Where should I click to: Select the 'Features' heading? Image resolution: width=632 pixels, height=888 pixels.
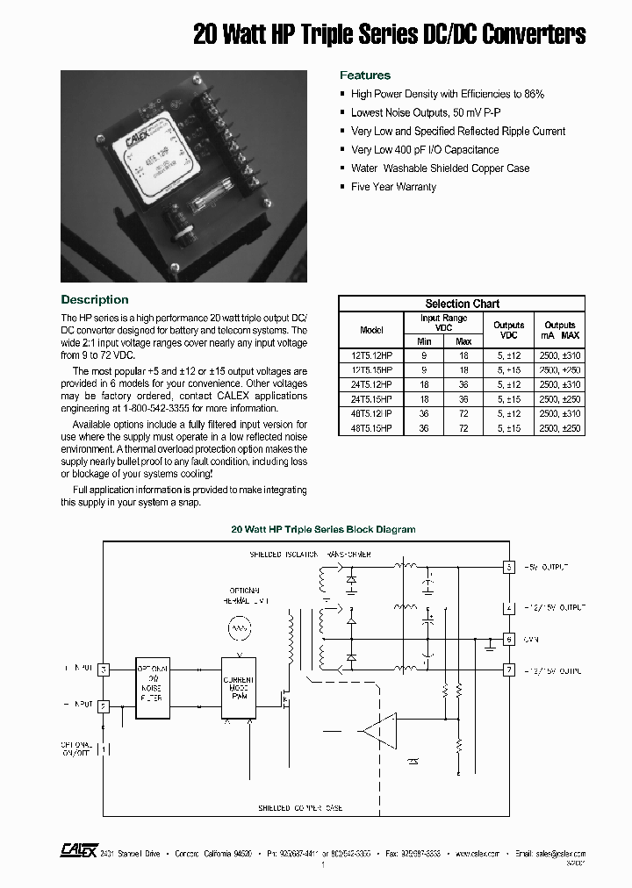pyautogui.click(x=365, y=75)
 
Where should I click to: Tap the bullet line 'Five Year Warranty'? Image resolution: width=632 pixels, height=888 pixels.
pyautogui.click(x=393, y=187)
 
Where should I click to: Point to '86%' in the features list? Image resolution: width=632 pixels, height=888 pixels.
pyautogui.click(x=534, y=94)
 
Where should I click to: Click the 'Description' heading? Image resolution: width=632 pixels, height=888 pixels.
pyautogui.click(x=95, y=300)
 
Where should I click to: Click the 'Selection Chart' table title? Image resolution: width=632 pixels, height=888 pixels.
pyautogui.click(x=462, y=304)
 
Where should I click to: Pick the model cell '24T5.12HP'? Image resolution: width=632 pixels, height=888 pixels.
pyautogui.click(x=371, y=385)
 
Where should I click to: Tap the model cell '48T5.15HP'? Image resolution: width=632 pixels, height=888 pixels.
pyautogui.click(x=371, y=428)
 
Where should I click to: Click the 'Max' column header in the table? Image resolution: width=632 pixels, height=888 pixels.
pyautogui.click(x=463, y=341)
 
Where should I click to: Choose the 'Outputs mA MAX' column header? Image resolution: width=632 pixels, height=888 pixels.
pyautogui.click(x=560, y=330)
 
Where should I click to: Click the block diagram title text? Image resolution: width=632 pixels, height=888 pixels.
pyautogui.click(x=323, y=530)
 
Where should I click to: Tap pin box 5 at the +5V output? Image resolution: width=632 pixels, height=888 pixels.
pyautogui.click(x=508, y=568)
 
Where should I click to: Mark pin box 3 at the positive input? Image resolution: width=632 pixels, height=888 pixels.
pyautogui.click(x=103, y=670)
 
